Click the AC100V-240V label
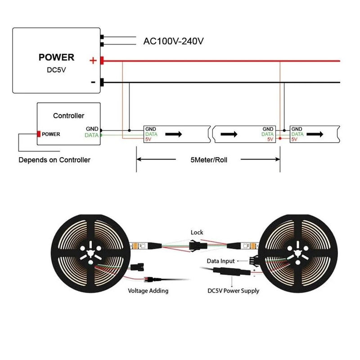(x=174, y=41)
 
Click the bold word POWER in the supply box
(x=56, y=58)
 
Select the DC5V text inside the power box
(x=56, y=70)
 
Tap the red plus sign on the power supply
(x=93, y=61)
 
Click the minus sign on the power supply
(x=93, y=82)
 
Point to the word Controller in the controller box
(x=68, y=116)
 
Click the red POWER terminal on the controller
(x=39, y=134)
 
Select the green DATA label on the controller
(x=92, y=135)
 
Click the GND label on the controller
(x=92, y=129)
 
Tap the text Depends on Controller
(x=54, y=160)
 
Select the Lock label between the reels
(x=197, y=232)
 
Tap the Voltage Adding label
(x=148, y=291)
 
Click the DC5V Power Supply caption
(x=233, y=291)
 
